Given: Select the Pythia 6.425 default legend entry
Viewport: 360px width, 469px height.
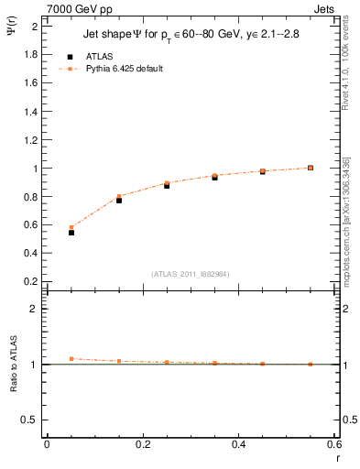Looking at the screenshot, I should [125, 69].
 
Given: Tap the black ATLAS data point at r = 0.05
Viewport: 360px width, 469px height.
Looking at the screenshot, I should [71, 233].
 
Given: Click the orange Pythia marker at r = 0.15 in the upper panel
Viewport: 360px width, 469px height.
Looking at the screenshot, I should [119, 196].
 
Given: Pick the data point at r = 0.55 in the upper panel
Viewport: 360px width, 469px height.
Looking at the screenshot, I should [311, 168].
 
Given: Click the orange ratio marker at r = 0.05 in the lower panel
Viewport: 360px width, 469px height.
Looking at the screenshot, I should [71, 359].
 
